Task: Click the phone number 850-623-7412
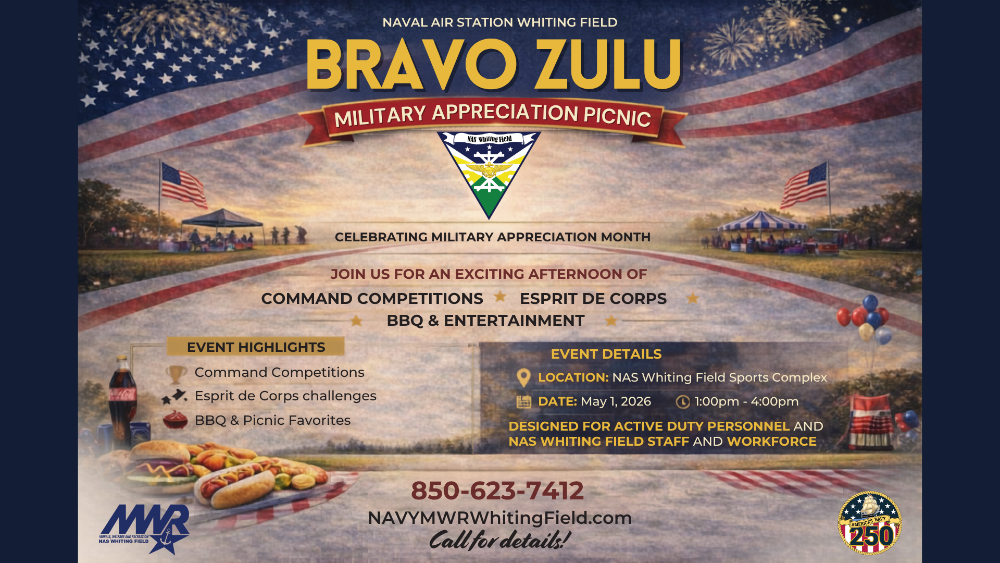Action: pyautogui.click(x=497, y=491)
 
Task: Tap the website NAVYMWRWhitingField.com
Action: pyautogui.click(x=499, y=518)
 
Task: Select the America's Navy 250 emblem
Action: pyautogui.click(x=869, y=523)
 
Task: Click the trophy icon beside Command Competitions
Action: pyautogui.click(x=176, y=373)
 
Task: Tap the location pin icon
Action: pyautogui.click(x=523, y=377)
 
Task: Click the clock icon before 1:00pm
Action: pyautogui.click(x=682, y=402)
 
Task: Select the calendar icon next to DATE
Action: pyautogui.click(x=523, y=402)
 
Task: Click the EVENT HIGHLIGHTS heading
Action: pyautogui.click(x=256, y=347)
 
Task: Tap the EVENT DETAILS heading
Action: pyautogui.click(x=606, y=354)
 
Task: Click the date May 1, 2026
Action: pyautogui.click(x=616, y=401)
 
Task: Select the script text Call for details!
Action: pyautogui.click(x=499, y=540)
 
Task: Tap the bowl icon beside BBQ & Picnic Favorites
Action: pyautogui.click(x=176, y=420)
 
